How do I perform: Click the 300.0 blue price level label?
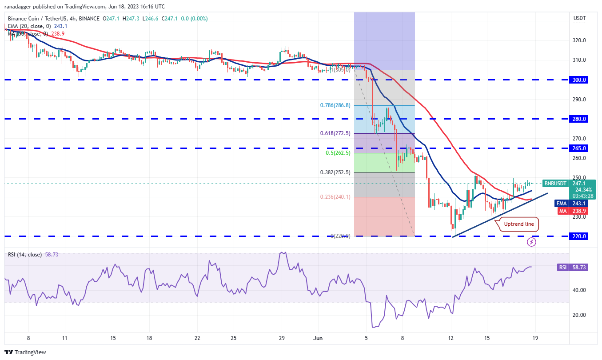pos(579,80)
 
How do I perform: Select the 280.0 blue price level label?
pos(579,119)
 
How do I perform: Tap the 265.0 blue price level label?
pos(579,148)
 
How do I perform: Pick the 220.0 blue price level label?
pos(579,236)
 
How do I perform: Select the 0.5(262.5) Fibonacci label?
pos(338,153)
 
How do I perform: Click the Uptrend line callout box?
pos(519,224)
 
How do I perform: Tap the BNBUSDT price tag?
pos(555,183)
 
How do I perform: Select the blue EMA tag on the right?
pos(561,203)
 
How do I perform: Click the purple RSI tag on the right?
pos(562,267)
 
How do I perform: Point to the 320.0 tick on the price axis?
pos(578,40)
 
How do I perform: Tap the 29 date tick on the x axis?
pos(281,338)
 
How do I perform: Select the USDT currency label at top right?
pos(579,18)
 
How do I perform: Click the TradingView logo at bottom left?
pos(26,352)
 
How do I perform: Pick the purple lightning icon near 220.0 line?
pos(531,242)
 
